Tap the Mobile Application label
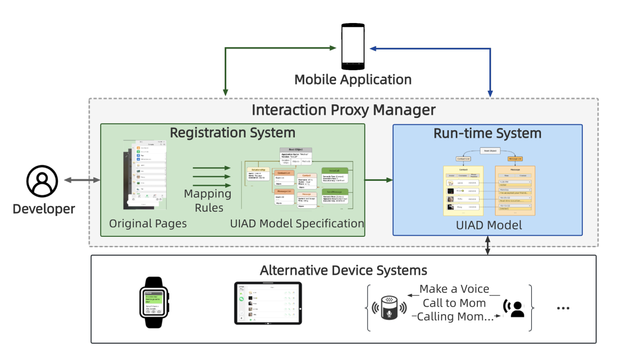click(353, 80)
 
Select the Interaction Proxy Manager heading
click(343, 110)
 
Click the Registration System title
click(232, 132)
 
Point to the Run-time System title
click(487, 133)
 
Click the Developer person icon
click(42, 181)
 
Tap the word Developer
click(44, 209)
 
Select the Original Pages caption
click(148, 224)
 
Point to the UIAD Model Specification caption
click(297, 224)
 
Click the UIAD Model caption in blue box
click(489, 226)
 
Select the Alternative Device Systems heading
click(343, 271)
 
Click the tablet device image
click(268, 303)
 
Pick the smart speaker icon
click(389, 308)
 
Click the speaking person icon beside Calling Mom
click(514, 308)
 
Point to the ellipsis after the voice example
click(563, 308)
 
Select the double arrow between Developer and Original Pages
click(82, 180)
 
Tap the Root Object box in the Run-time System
click(489, 151)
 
